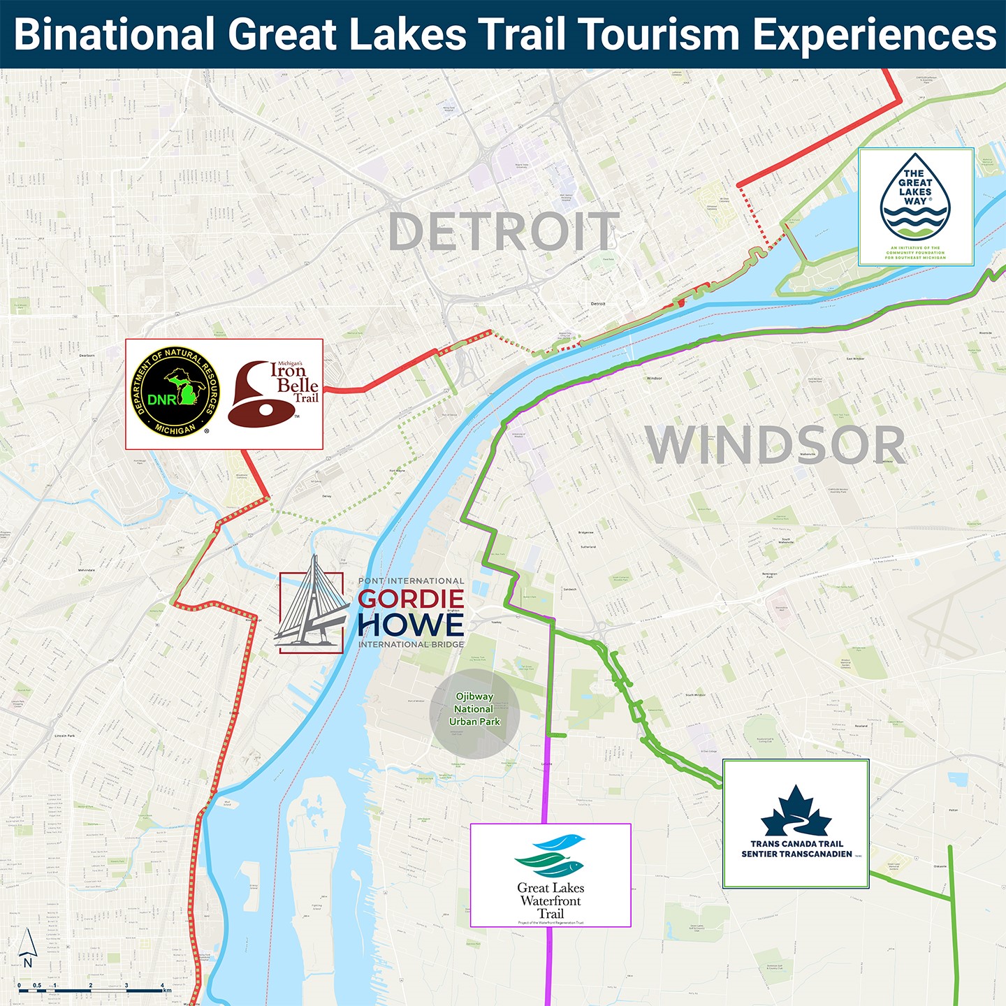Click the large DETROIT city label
504,232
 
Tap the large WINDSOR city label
775,445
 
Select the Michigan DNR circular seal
175,391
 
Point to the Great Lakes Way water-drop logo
915,198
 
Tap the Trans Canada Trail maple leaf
796,811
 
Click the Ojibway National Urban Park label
474,709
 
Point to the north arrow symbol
27,947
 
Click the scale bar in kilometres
91,989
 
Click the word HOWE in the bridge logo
411,625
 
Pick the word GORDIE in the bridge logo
411,599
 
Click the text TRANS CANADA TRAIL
797,844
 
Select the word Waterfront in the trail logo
551,901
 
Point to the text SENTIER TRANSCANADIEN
797,854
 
